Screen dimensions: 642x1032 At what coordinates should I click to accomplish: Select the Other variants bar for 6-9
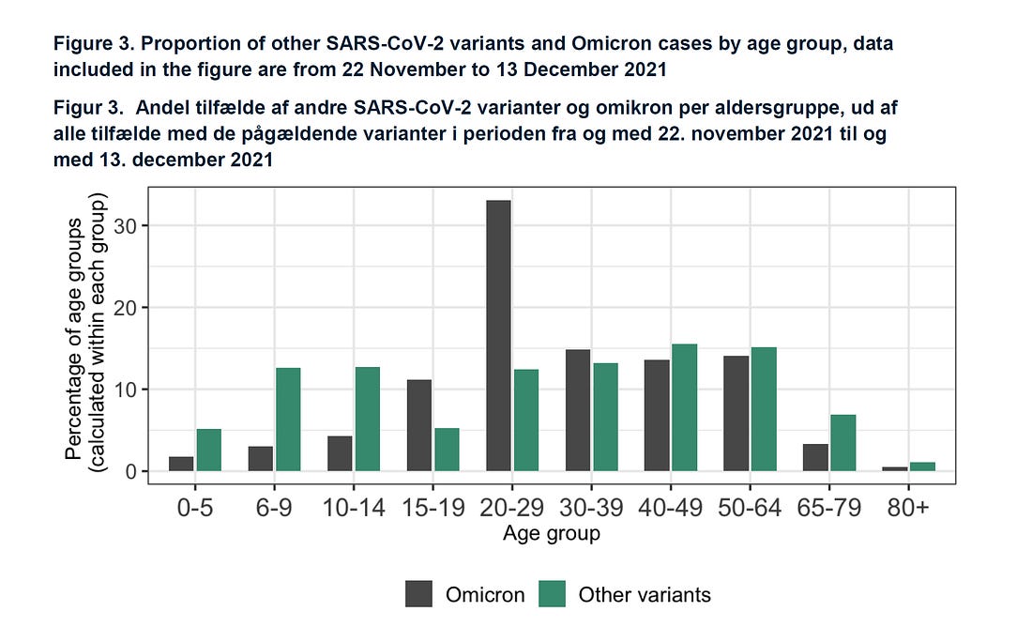(x=288, y=419)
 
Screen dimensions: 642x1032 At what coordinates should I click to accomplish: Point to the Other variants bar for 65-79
(x=843, y=442)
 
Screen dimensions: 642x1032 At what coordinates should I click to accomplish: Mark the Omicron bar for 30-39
(x=579, y=410)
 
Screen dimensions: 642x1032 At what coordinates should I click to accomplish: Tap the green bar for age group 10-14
(x=368, y=419)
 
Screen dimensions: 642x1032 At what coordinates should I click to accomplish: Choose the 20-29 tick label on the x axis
(x=512, y=508)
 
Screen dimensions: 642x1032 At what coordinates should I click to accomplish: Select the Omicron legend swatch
(x=418, y=593)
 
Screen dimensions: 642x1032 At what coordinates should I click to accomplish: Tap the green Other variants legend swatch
(x=552, y=593)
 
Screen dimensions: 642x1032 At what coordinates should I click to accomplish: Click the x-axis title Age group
(x=552, y=534)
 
